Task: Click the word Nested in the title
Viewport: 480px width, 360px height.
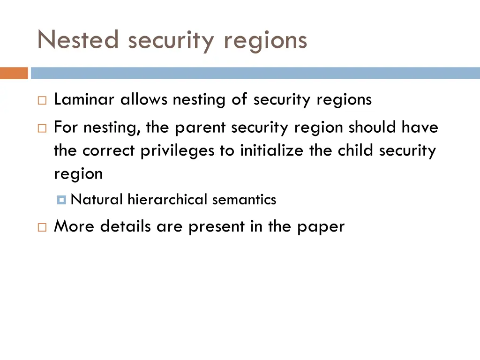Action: (79, 39)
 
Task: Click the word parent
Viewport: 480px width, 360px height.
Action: (199, 127)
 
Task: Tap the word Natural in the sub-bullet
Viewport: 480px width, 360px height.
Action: (97, 200)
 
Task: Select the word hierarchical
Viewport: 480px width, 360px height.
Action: (167, 200)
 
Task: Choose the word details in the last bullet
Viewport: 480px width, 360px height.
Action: (126, 226)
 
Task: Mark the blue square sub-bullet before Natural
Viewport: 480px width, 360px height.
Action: (61, 200)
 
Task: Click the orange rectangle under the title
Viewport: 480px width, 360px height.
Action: (14, 73)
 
